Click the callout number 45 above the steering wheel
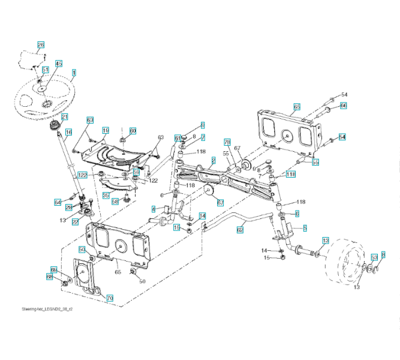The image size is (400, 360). click(x=59, y=63)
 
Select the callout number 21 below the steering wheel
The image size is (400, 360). click(x=64, y=117)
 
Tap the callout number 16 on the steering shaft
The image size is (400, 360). click(x=68, y=133)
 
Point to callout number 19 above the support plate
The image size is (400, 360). click(x=105, y=130)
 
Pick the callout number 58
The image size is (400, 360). click(x=114, y=202)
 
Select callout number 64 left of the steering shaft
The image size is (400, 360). click(x=58, y=202)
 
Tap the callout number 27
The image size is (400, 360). click(x=76, y=222)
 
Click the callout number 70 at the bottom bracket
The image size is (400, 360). click(x=110, y=297)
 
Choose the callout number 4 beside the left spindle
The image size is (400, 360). click(x=154, y=209)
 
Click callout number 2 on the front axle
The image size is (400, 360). click(x=213, y=160)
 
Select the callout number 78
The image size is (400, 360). click(x=227, y=142)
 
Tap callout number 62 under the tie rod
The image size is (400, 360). click(x=240, y=229)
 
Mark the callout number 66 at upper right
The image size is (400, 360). click(x=344, y=106)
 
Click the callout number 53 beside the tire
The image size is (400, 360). click(x=374, y=257)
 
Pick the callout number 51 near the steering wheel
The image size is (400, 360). click(x=46, y=70)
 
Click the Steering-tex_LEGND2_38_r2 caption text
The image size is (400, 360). click(x=47, y=309)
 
